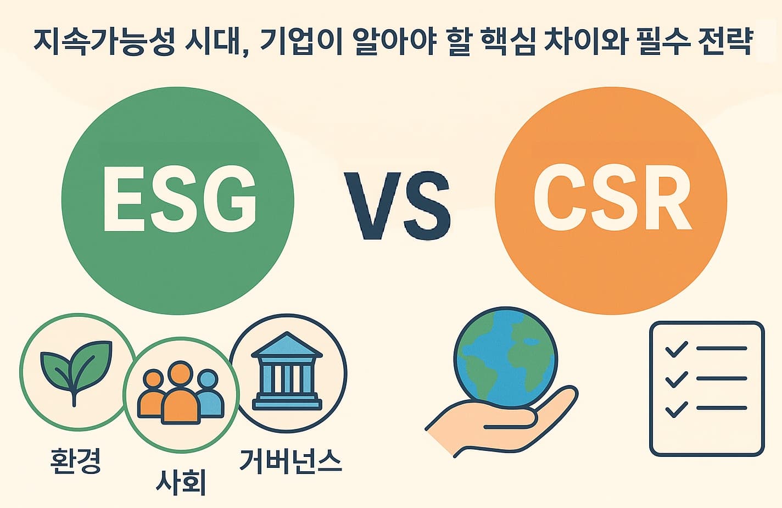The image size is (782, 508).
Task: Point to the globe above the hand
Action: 505,360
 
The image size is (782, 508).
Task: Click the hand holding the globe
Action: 494,426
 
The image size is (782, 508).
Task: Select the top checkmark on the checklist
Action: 675,349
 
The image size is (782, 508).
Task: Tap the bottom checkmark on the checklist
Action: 675,409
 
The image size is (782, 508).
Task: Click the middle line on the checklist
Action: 721,378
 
